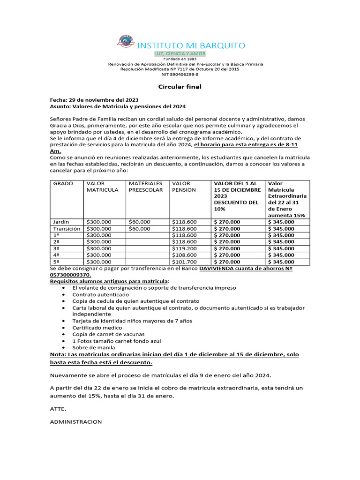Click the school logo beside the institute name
pyautogui.click(x=125, y=42)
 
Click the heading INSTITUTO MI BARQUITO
pyautogui.click(x=190, y=45)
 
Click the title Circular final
pyautogui.click(x=180, y=87)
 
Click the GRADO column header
pyautogui.click(x=63, y=184)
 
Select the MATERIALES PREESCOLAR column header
pyautogui.click(x=146, y=187)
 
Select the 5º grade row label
pyautogui.click(x=56, y=262)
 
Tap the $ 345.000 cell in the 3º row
pyautogui.click(x=281, y=248)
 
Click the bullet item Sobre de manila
pyautogui.click(x=94, y=348)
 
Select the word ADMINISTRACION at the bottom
pyautogui.click(x=76, y=422)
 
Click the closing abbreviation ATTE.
pyautogui.click(x=58, y=409)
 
